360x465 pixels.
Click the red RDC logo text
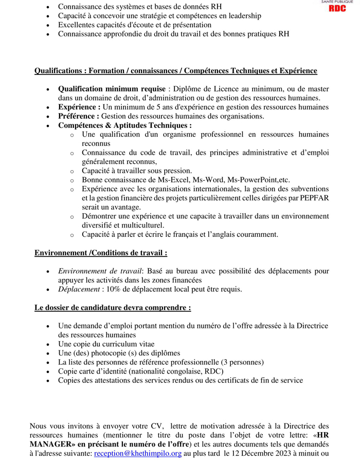[337, 9]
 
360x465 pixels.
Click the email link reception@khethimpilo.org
[137, 454]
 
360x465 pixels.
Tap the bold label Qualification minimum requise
[112, 89]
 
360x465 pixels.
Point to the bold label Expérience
[79, 107]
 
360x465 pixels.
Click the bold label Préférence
[79, 116]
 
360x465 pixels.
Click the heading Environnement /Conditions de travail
[100, 253]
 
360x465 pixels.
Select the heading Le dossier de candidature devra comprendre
[113, 308]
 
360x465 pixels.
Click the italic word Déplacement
[79, 289]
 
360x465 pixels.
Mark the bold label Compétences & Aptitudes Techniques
[124, 125]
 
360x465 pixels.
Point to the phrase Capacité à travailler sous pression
[136, 171]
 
